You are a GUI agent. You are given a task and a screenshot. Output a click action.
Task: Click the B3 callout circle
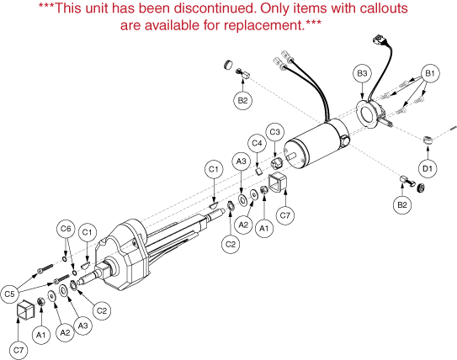coord(362,73)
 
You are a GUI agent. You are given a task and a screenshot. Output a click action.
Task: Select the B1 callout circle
coord(430,73)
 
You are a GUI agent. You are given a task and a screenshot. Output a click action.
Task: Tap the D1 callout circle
coord(428,168)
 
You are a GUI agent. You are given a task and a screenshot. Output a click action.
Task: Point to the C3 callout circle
coord(275,132)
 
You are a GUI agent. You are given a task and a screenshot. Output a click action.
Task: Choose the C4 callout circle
coord(257,143)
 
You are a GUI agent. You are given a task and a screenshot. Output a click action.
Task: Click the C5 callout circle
coord(9,294)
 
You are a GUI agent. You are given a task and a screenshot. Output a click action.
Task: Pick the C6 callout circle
coord(66,229)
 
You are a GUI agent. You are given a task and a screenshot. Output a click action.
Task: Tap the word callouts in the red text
coord(384,8)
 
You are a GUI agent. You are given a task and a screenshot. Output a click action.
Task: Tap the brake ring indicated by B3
coord(368,114)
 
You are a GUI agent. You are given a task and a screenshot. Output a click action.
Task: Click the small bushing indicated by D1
coord(428,140)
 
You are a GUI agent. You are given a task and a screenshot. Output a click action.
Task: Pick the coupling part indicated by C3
coord(276,164)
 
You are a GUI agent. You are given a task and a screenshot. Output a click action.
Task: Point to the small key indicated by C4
coord(259,171)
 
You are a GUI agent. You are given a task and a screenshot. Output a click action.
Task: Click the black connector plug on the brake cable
coord(377,40)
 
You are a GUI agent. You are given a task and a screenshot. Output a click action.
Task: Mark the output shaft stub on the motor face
coord(292,156)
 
